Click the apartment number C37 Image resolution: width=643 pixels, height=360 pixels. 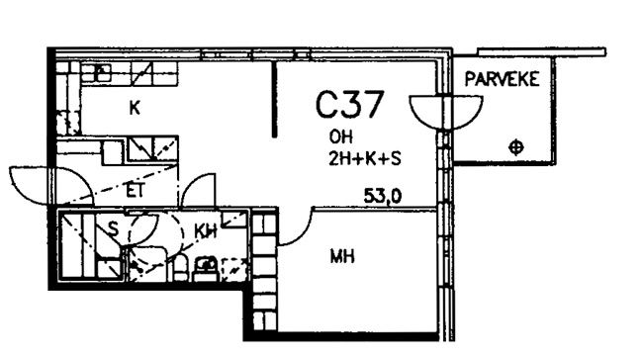(350, 105)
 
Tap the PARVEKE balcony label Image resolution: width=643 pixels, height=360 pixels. (502, 79)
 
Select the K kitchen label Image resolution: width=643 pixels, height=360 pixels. (135, 108)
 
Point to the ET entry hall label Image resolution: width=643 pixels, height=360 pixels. (136, 191)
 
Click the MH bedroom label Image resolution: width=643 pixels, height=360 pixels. (342, 257)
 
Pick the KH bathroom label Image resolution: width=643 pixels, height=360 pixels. (205, 231)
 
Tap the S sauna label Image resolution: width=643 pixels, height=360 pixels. (113, 229)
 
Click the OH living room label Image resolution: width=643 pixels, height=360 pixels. (340, 136)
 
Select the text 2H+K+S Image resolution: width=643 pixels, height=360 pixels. (365, 158)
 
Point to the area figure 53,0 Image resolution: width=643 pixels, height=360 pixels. (383, 197)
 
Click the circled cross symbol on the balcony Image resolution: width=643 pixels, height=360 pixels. (515, 147)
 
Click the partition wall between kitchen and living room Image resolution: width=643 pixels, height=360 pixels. (274, 99)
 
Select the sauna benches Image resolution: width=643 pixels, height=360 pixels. (91, 246)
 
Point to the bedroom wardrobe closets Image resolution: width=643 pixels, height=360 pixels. (264, 271)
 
